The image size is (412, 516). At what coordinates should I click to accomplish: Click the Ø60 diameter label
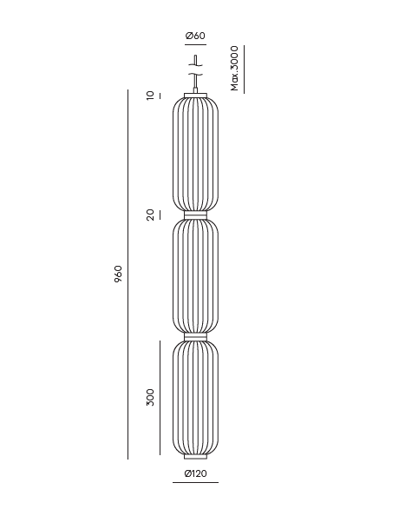195,36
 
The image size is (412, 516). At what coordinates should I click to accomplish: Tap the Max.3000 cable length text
234,69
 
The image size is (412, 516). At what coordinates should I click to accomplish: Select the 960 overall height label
118,274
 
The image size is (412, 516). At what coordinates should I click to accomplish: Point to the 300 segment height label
150,397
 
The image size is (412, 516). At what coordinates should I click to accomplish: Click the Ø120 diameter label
195,473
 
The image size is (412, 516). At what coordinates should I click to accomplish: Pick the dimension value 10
150,96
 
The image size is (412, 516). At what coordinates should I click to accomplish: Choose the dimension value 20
150,215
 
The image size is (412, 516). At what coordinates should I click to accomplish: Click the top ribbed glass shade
195,154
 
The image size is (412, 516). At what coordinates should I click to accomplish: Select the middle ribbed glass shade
195,276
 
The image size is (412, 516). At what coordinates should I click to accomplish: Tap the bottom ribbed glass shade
195,398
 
